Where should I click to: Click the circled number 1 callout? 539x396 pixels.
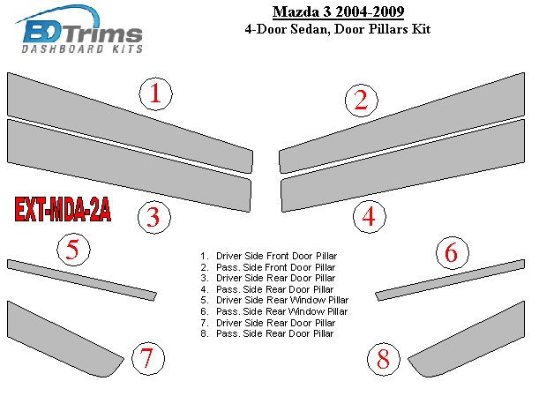coord(156,93)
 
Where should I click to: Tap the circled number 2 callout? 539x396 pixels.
coord(362,101)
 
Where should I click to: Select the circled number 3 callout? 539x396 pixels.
coord(154,217)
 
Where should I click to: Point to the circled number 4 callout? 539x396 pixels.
coord(370,217)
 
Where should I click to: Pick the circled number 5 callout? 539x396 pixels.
coord(73,250)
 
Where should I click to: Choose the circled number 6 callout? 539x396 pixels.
coord(452,252)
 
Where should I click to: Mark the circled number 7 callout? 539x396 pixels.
coord(148,358)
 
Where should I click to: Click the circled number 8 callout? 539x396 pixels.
coord(383,359)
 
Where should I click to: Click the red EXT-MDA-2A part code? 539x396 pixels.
coord(63,209)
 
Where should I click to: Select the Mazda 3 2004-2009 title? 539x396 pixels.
coord(338,12)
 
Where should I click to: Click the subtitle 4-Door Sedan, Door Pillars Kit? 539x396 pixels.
coord(338,29)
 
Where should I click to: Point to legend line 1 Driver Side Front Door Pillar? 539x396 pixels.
coord(269,256)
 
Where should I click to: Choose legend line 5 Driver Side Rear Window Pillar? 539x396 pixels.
coord(274,300)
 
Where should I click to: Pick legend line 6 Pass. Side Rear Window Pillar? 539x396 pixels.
coord(274,311)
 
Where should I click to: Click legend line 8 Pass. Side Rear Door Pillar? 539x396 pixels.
coord(267,333)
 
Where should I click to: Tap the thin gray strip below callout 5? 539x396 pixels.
coord(82,280)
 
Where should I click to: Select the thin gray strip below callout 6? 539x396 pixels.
coord(450,280)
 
